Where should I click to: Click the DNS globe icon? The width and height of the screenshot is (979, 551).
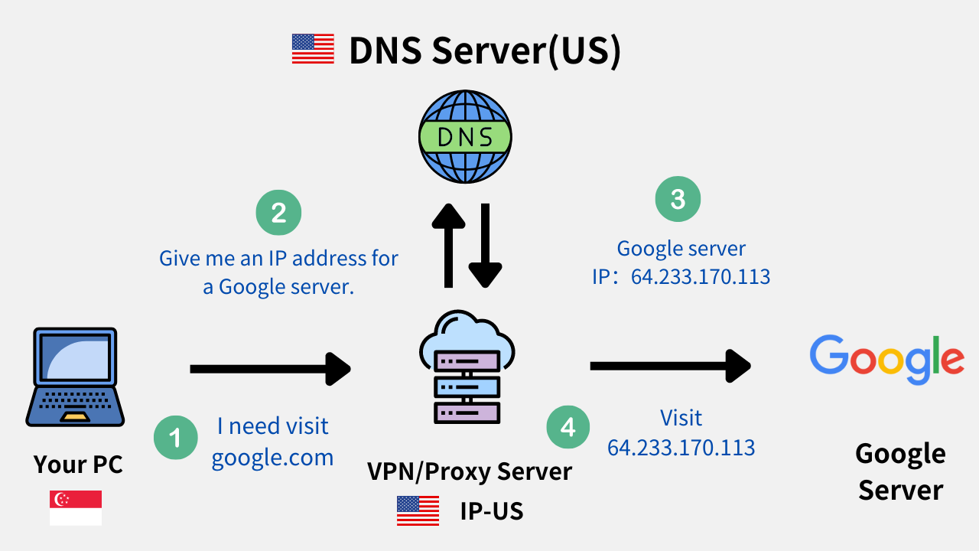tap(465, 138)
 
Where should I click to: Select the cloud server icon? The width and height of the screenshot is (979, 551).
tap(467, 367)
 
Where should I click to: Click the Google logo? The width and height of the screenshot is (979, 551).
tap(886, 360)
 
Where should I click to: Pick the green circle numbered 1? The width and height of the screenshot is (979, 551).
tap(177, 437)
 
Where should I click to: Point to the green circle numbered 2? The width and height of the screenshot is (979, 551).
tap(278, 212)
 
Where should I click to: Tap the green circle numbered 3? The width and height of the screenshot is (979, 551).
tap(678, 199)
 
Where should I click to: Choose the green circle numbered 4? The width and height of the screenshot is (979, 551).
tap(568, 426)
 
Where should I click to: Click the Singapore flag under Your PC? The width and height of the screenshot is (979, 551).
tap(76, 508)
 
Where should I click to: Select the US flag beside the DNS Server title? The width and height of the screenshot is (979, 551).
tap(313, 49)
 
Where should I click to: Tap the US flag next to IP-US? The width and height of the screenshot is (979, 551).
tap(418, 510)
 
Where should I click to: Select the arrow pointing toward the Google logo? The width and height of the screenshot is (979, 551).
tap(670, 366)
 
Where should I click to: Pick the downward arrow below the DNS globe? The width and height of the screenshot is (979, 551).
tap(485, 246)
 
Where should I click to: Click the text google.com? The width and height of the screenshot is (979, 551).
tap(272, 458)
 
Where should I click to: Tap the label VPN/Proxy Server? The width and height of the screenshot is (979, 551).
tap(469, 471)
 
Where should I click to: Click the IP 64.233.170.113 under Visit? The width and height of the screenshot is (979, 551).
tap(681, 447)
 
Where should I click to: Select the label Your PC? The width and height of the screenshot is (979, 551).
tap(78, 464)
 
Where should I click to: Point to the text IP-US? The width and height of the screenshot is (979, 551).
tap(491, 510)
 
